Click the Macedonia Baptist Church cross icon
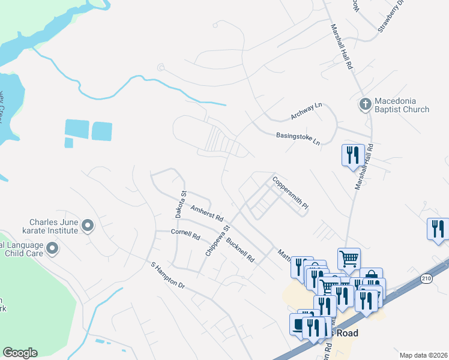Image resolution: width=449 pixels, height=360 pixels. click(x=364, y=104)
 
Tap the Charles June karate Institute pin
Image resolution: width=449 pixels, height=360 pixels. click(x=88, y=226)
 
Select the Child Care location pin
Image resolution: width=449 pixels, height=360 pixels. click(x=52, y=247)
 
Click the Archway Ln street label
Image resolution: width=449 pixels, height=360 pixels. click(x=306, y=110)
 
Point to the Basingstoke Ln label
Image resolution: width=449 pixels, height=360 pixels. click(x=298, y=139)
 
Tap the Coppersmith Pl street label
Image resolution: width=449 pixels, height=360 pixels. click(x=291, y=193)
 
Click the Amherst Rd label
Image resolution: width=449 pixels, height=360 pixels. click(x=206, y=211)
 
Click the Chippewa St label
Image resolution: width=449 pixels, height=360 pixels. click(x=218, y=241)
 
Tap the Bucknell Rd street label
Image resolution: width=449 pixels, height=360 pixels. click(x=240, y=251)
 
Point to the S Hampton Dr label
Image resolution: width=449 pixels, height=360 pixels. click(x=167, y=275)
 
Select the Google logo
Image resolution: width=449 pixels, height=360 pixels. click(x=20, y=353)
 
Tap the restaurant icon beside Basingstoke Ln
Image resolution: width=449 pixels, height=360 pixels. click(x=352, y=155)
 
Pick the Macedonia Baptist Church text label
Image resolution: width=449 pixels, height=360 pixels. click(x=402, y=104)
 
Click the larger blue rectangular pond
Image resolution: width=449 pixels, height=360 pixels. click(x=77, y=128)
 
